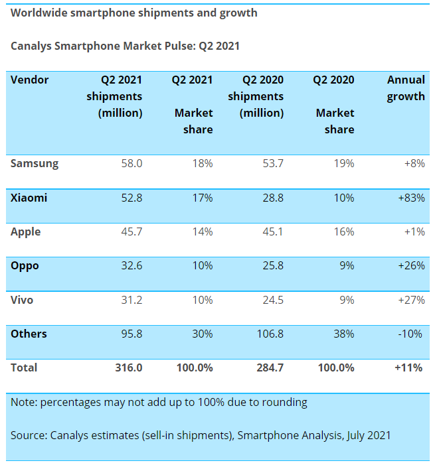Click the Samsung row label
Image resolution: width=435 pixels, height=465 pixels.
[35, 163]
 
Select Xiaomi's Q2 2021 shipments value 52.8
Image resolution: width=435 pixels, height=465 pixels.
[130, 198]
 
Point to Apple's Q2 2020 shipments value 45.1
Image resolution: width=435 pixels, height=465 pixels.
[270, 232]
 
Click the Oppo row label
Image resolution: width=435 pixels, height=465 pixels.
[25, 266]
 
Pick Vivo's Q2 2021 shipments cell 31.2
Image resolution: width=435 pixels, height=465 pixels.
[130, 300]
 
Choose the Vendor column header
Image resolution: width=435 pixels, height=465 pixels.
[30, 80]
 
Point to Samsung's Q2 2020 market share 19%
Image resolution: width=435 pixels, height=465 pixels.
[343, 163]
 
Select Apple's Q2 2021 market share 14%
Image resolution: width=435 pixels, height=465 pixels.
[202, 232]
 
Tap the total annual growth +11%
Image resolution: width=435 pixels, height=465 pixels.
[408, 367]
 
